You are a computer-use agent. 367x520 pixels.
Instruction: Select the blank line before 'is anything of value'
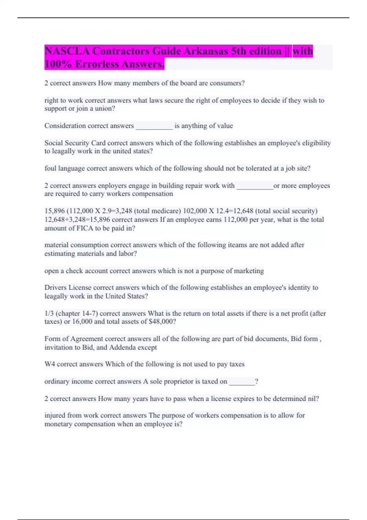tap(154, 126)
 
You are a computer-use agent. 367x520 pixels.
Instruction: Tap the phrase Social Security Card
tap(75, 143)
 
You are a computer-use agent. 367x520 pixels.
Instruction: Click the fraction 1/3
tap(49, 314)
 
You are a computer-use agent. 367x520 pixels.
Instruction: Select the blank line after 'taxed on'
tap(242, 382)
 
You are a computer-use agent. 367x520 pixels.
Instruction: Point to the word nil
tap(313, 399)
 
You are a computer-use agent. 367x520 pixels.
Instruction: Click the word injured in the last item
tap(55, 415)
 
